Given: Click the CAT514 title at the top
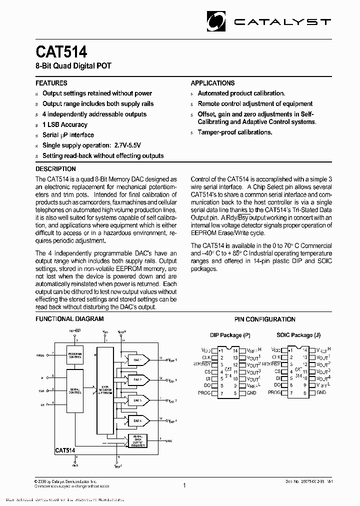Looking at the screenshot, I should [61, 52].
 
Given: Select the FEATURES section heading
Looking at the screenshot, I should [51, 83].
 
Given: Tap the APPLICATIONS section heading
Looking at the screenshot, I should [212, 83].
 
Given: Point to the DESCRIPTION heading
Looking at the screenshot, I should [55, 169].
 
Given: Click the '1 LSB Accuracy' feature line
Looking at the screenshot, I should [64, 124].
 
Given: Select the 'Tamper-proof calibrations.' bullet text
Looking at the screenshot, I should [234, 132].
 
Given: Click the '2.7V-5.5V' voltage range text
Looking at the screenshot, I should [127, 145].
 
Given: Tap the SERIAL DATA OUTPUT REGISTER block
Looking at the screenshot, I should [138, 440].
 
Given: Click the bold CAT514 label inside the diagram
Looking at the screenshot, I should [65, 450].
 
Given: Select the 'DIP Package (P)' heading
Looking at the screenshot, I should [230, 335].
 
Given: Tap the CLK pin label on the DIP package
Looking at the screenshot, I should [205, 357].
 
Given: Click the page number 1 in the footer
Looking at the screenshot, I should [184, 485].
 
